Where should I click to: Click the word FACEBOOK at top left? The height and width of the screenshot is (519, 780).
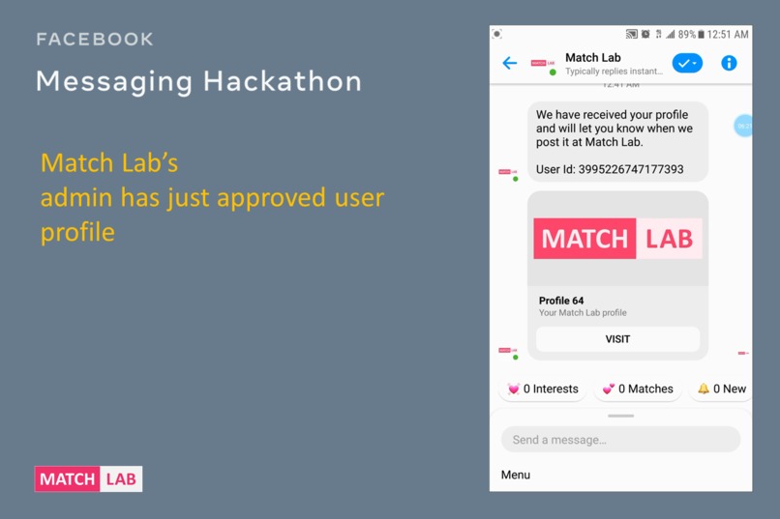(x=95, y=40)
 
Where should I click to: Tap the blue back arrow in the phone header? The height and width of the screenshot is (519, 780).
(x=510, y=64)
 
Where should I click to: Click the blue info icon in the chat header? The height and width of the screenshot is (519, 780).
(x=729, y=64)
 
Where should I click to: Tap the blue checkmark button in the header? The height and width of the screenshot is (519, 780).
(x=687, y=64)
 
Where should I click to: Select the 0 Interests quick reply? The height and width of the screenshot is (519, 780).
(x=543, y=389)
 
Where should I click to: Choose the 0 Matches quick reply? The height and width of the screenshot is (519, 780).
(x=638, y=389)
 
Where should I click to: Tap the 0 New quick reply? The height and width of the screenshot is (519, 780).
(x=722, y=389)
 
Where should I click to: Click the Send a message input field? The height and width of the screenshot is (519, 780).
(x=620, y=440)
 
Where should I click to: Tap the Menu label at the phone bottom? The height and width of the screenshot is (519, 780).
(x=516, y=475)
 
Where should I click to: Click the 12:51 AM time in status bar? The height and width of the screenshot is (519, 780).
(x=728, y=35)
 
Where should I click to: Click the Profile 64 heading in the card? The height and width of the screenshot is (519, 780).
(x=561, y=301)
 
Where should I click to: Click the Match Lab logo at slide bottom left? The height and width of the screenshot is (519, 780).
(x=88, y=478)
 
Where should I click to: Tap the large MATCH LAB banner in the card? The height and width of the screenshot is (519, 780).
(x=617, y=239)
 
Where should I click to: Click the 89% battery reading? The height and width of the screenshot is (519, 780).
(x=686, y=35)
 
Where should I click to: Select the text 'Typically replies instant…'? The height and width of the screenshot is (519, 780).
(x=614, y=72)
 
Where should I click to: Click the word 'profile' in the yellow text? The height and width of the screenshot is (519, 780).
(x=77, y=233)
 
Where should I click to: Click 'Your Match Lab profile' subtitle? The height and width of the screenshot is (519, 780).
(x=583, y=313)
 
